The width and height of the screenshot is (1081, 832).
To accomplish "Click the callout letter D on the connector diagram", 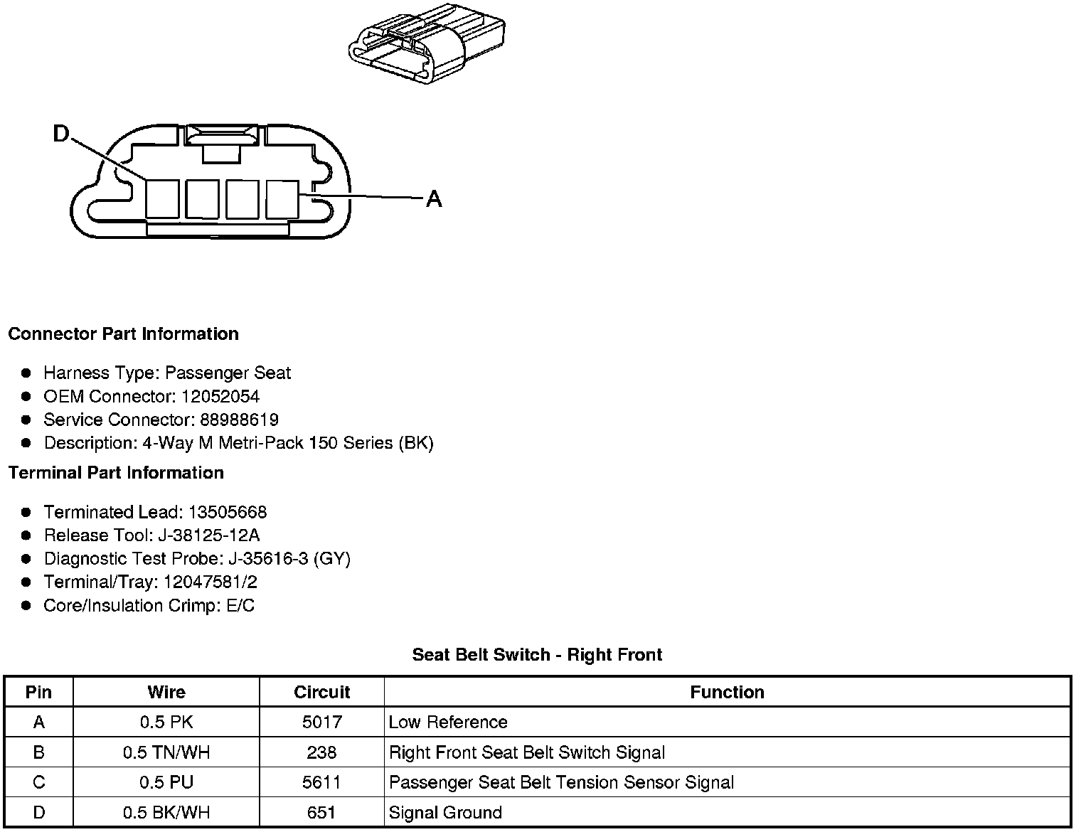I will tap(62, 134).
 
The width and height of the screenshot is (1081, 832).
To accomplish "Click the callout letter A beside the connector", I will tap(434, 198).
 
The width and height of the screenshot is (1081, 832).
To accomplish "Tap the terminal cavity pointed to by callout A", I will tap(282, 199).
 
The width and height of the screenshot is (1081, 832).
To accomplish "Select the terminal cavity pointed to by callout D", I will tap(162, 199).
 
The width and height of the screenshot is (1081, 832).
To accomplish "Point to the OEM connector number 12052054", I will tap(220, 396).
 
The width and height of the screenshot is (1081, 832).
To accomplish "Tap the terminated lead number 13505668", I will tap(227, 512).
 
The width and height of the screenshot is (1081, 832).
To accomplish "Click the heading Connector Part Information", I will tap(123, 334).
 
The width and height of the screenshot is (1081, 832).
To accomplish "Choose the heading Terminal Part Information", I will tap(116, 473).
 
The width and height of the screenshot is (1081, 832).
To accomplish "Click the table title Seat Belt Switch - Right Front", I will tap(537, 655).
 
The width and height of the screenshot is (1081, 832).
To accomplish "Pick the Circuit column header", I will tap(321, 692).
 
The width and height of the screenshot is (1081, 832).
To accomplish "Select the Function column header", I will tap(727, 692).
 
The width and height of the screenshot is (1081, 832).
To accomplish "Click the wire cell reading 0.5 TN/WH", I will tap(166, 752).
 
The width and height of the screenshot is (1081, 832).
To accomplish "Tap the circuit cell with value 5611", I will tap(321, 782).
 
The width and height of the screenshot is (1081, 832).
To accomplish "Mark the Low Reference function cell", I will tap(448, 722).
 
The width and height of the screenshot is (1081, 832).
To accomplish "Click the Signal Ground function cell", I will tap(445, 812).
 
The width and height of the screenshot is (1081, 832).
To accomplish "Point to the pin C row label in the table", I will tap(39, 782).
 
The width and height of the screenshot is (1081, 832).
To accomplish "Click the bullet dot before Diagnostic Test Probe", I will tap(26, 559).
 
